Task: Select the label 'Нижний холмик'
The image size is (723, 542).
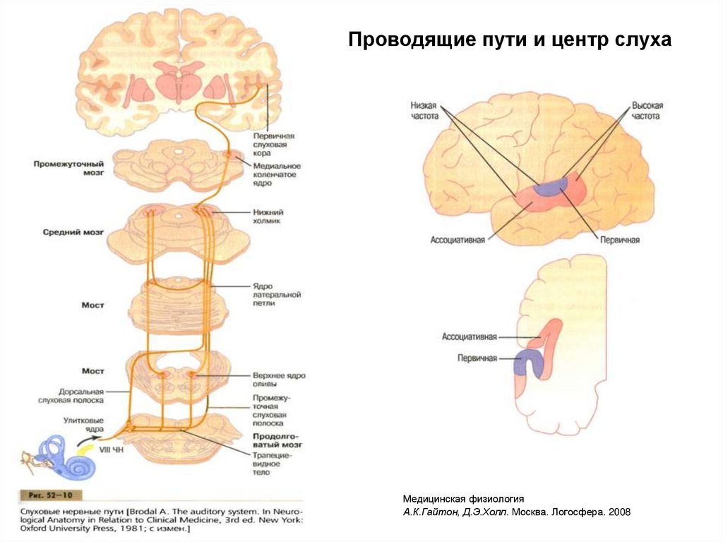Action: click(x=267, y=216)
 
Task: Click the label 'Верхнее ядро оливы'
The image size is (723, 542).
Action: click(x=279, y=380)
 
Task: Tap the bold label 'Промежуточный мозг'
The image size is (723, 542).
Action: click(x=68, y=167)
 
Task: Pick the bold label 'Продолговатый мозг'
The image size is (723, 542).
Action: click(x=278, y=441)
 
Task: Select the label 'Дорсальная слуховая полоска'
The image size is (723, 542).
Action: click(x=81, y=395)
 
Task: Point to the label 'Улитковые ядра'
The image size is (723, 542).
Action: click(x=82, y=424)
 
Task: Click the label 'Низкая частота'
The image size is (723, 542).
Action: click(x=424, y=110)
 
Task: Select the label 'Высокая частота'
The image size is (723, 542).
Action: click(x=647, y=110)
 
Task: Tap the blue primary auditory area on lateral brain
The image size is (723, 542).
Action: click(x=550, y=186)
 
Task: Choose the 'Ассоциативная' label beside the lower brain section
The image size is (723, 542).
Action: click(x=470, y=337)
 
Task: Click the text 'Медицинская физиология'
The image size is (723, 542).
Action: click(x=463, y=498)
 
